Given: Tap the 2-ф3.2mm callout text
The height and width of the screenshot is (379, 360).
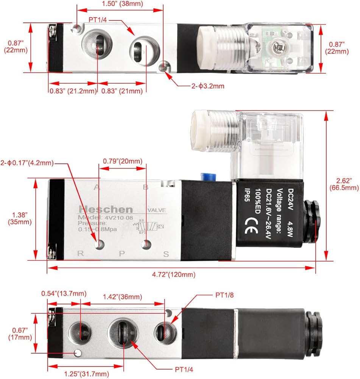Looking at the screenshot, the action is click(x=207, y=86).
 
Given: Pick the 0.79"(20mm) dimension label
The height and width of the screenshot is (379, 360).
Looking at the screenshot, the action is click(x=123, y=161).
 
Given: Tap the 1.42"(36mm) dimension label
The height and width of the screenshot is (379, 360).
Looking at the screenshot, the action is click(x=123, y=296).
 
